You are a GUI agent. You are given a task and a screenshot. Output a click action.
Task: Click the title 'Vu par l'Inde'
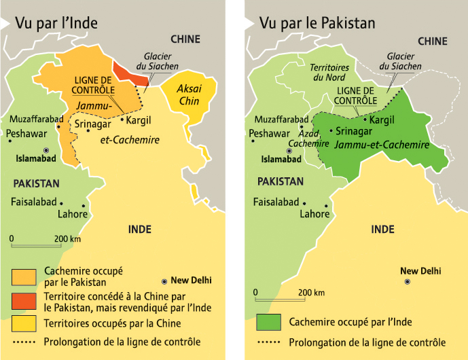pos(56,23)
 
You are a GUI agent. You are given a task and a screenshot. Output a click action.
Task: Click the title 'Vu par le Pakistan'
pos(317,23)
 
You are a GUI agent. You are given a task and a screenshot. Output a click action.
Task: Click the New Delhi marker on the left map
pos(164,281)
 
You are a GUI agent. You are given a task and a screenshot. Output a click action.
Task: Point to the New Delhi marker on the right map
pos(407,281)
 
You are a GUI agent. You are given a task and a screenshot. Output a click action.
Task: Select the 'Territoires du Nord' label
pos(329,73)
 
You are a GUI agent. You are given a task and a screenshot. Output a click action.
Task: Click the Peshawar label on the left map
pos(26,134)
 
